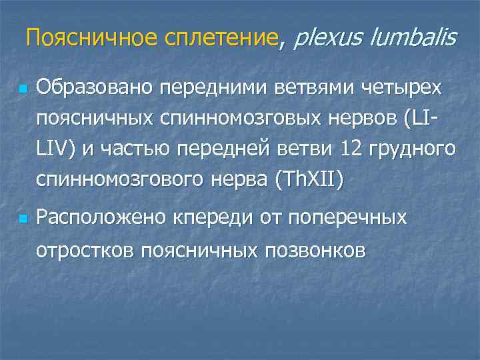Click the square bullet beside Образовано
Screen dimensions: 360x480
click(23, 89)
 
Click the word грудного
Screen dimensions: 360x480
click(415, 150)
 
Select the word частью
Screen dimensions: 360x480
click(126, 150)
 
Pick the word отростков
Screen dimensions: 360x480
click(79, 250)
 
